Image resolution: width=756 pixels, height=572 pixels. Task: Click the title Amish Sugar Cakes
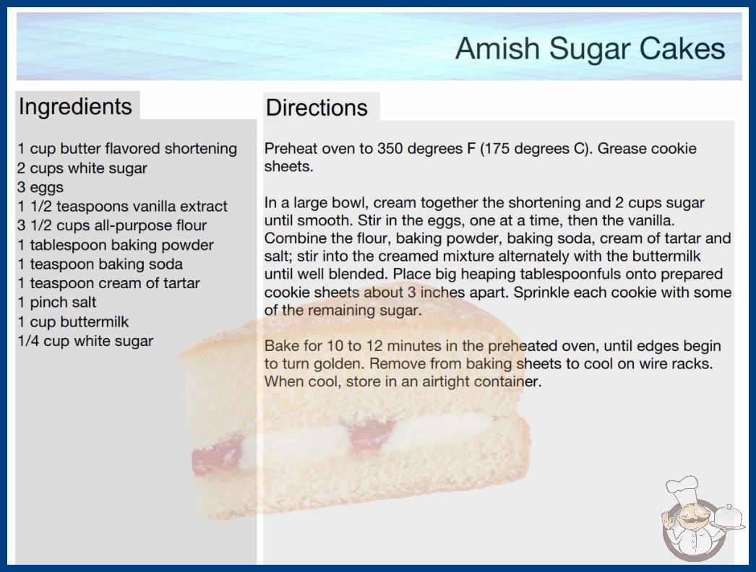click(x=590, y=48)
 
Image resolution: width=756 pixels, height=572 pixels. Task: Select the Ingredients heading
click(x=75, y=106)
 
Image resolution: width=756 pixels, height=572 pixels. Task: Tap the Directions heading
click(x=317, y=108)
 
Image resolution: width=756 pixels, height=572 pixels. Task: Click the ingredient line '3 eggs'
click(x=40, y=187)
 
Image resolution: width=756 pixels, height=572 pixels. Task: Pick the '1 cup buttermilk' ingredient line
click(x=73, y=321)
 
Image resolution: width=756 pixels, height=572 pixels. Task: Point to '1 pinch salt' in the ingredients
click(x=57, y=302)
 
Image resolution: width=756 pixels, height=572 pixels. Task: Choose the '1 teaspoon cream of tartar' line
click(x=108, y=283)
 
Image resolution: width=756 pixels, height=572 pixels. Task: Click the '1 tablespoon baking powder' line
click(x=116, y=245)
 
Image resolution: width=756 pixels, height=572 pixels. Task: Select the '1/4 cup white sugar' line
click(x=85, y=341)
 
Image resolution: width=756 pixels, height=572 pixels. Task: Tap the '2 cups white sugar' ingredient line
click(x=82, y=168)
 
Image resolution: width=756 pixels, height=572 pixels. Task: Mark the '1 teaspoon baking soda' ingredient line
click(x=100, y=264)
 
